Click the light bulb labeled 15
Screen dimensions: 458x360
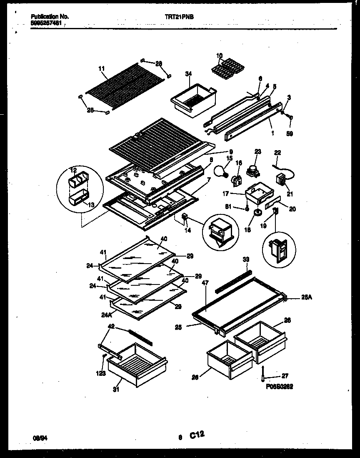[x=220, y=170]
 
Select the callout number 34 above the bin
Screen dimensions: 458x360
[x=188, y=74]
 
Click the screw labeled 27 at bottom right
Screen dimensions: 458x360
[x=263, y=373]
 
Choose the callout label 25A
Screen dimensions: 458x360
[x=306, y=298]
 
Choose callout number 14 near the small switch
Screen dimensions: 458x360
[x=187, y=230]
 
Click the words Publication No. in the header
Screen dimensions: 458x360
[x=50, y=17]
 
